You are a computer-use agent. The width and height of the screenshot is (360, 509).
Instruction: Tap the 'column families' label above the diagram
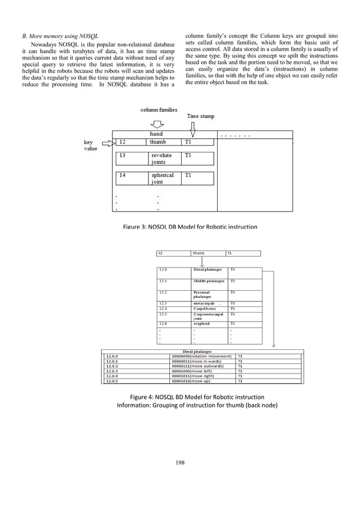pyautogui.click(x=159, y=109)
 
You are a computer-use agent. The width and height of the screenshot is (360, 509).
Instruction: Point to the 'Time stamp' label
pyautogui.click(x=201, y=116)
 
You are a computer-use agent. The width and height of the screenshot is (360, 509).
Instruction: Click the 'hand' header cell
pyautogui.click(x=156, y=134)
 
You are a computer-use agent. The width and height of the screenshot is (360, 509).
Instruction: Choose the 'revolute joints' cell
pyautogui.click(x=164, y=158)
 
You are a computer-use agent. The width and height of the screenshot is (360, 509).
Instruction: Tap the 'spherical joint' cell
pyautogui.click(x=164, y=178)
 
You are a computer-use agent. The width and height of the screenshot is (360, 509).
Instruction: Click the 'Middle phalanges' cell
pyautogui.click(x=208, y=281)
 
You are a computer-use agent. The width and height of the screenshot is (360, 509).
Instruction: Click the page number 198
pyautogui.click(x=180, y=463)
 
